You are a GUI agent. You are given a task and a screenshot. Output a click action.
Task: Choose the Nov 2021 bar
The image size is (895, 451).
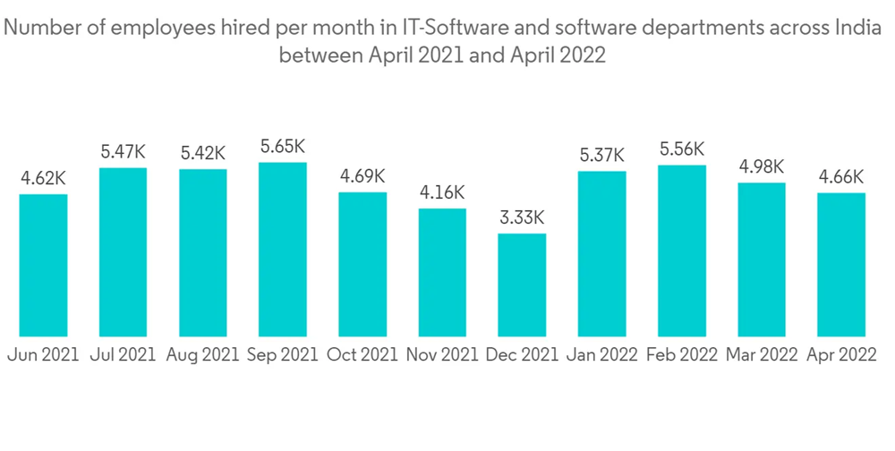442,273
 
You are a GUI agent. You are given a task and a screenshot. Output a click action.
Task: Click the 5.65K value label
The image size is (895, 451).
282,145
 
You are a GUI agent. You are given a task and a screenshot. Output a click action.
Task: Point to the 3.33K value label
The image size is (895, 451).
522,217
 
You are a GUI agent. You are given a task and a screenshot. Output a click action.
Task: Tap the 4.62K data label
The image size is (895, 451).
43,177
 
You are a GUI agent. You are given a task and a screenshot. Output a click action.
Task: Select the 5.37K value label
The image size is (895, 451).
602,155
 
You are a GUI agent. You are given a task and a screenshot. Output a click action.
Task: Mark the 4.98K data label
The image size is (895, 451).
762,166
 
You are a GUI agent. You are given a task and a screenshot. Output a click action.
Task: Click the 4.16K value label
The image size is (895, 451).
442,191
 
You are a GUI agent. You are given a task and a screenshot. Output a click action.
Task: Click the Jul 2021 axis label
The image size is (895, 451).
123,354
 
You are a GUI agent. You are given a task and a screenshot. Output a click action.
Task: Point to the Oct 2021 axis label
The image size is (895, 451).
362,354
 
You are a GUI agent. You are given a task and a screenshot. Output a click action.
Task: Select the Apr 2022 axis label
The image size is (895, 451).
842,354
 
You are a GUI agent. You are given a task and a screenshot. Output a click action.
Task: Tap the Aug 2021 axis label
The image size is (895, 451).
203,354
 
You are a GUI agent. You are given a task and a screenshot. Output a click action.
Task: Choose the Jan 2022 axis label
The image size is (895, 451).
602,354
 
